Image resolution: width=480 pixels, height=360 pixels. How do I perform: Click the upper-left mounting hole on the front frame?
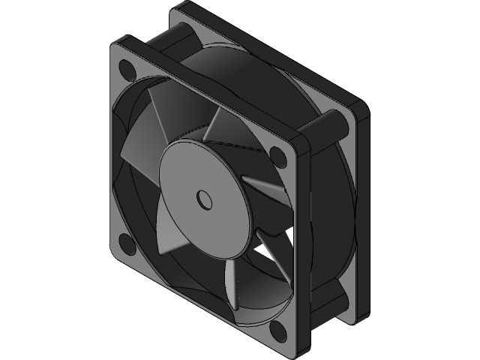126,70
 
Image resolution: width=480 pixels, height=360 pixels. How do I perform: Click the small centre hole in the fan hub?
203,199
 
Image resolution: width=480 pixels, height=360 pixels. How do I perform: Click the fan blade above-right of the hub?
225,127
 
